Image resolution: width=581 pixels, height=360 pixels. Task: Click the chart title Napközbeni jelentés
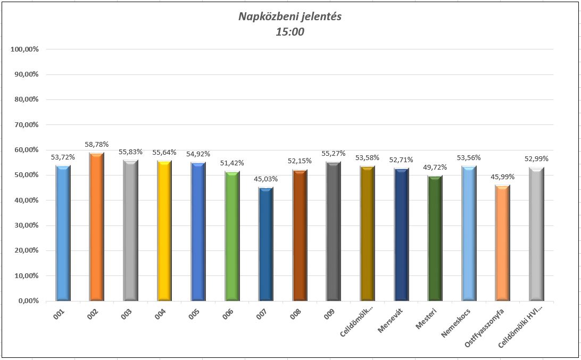[290, 16]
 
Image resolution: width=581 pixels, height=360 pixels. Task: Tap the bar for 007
[266, 245]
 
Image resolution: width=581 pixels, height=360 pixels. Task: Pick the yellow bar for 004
[164, 231]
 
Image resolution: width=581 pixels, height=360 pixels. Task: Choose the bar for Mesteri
[435, 239]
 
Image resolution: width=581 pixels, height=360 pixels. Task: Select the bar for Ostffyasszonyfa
[503, 244]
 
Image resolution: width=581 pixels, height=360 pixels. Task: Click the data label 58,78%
[96, 144]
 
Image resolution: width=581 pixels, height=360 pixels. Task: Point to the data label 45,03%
[266, 179]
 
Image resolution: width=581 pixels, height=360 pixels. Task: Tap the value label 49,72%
[435, 168]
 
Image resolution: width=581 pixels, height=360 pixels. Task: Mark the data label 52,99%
[537, 158]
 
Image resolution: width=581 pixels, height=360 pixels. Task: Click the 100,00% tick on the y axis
[24, 49]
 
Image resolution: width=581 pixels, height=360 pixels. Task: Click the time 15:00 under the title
[290, 32]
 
